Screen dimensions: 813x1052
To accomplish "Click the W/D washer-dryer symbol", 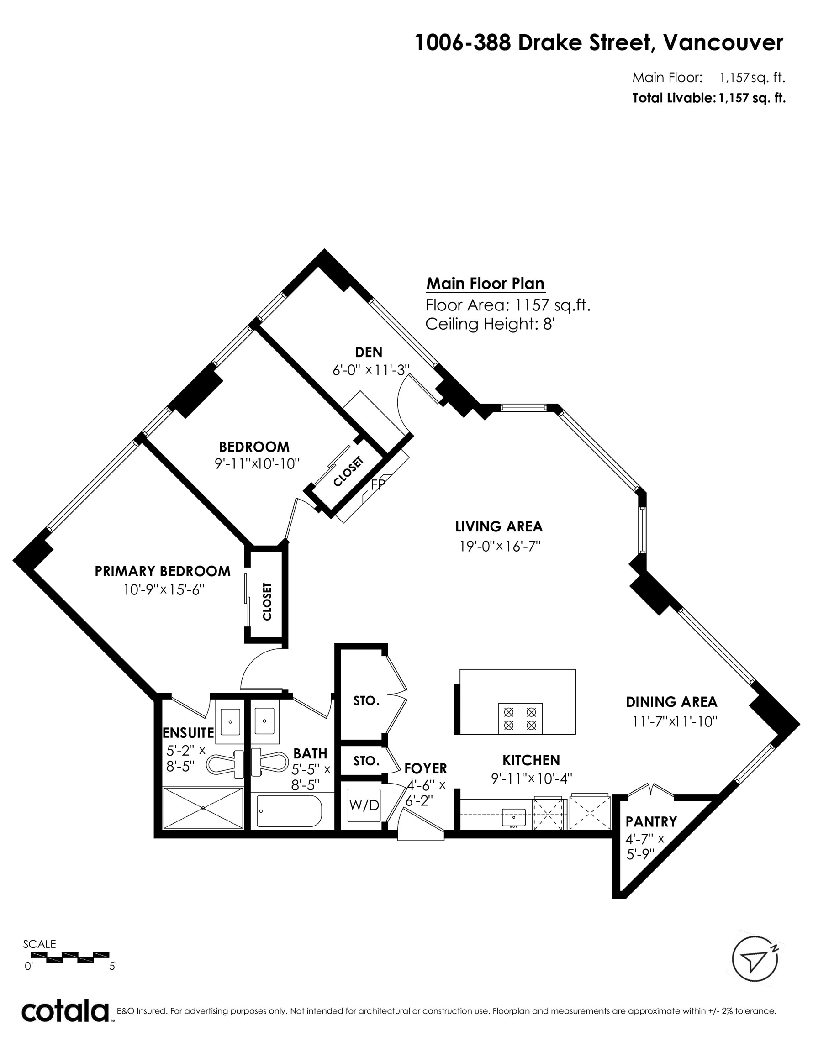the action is coord(364,805).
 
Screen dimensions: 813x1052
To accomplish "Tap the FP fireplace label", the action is coord(378,484).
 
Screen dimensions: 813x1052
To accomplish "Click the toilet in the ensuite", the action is coord(225,763).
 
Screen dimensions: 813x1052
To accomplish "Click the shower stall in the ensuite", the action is coord(203,808).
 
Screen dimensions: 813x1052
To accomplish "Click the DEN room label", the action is coord(369,352).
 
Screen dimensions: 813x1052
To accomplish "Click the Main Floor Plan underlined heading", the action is coord(486,284).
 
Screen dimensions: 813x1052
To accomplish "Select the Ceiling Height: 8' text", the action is coord(490,324).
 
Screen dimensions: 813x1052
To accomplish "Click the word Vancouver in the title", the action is coord(723,43).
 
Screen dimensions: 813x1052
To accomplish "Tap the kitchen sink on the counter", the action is coord(514,817).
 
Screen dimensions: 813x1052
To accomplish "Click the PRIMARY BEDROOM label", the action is coord(163,571).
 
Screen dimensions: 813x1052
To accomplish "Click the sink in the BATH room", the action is coord(264,721).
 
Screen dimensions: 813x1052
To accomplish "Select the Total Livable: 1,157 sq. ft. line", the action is coord(709,98).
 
